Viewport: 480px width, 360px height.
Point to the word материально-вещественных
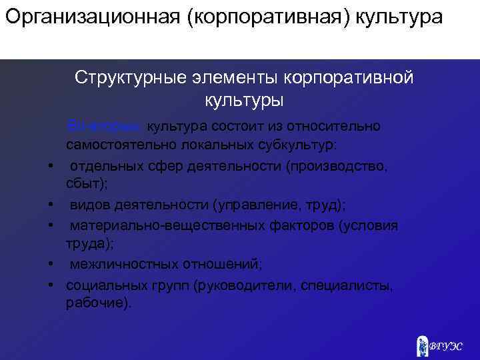tap(153, 225)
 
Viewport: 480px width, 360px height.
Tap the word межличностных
tap(120, 265)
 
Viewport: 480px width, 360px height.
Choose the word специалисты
tap(347, 285)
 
